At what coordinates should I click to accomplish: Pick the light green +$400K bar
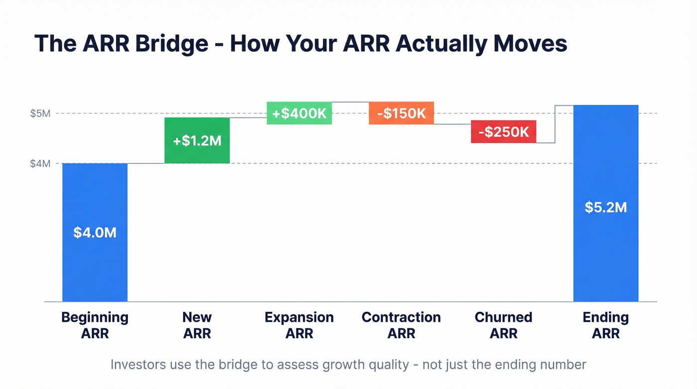point(299,113)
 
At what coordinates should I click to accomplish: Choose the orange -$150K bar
point(401,113)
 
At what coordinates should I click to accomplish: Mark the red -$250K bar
point(503,132)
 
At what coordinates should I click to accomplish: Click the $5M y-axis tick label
point(40,114)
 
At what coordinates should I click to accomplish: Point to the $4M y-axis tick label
point(40,163)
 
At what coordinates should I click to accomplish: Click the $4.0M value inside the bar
point(95,232)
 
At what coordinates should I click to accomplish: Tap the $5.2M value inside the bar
point(605,207)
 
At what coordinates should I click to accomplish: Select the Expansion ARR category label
point(299,325)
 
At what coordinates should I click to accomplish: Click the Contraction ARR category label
point(401,325)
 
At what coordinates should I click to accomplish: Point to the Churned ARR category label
point(503,325)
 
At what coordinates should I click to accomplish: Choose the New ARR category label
point(197,325)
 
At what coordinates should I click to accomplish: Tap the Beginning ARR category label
point(95,325)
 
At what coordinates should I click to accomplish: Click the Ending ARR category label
point(605,325)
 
